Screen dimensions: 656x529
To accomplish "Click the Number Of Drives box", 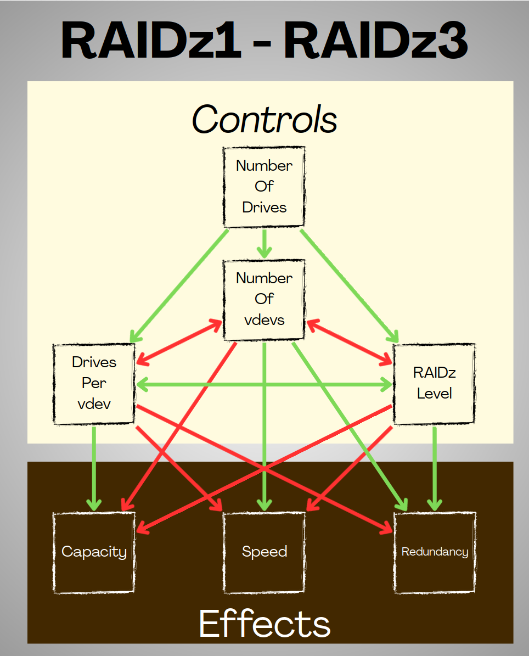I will (x=264, y=187).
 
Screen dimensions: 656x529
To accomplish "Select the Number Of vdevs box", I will (x=264, y=299).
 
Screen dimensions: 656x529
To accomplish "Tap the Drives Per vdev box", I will (x=94, y=383).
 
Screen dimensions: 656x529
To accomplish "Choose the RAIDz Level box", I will (x=434, y=383).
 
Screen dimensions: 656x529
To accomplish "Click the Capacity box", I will (x=94, y=552).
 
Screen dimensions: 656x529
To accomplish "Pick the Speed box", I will (x=264, y=552).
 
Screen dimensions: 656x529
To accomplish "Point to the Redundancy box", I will (x=434, y=552).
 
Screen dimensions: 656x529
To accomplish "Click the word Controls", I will (x=264, y=119).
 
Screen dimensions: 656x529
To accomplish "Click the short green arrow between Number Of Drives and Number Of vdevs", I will (x=264, y=243).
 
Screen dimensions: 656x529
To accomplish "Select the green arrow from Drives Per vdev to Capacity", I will (x=94, y=467).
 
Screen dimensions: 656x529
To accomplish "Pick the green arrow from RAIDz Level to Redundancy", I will (x=435, y=467).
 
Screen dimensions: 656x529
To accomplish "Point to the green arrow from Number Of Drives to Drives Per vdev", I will (x=178, y=285).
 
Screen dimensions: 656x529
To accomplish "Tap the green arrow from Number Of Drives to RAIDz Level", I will (x=349, y=285).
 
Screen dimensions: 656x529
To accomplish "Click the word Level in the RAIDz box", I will (x=434, y=394).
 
